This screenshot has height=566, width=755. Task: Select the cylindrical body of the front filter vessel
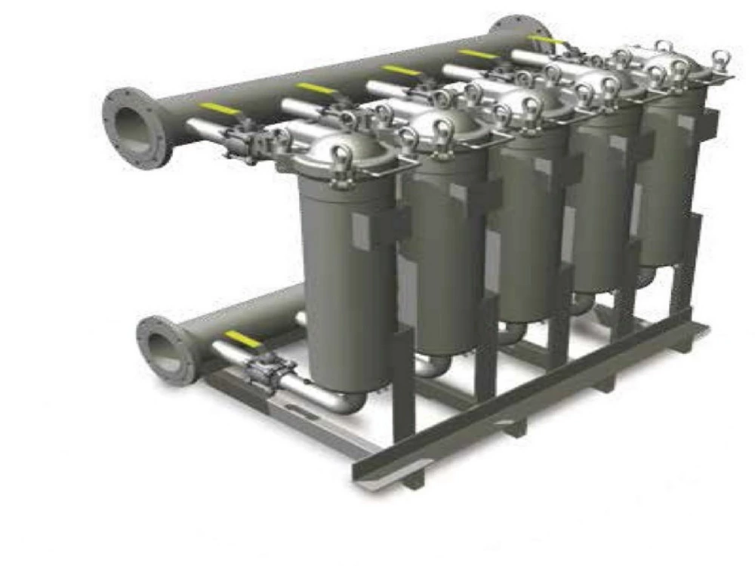(344, 287)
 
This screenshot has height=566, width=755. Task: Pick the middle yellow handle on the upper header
(400, 70)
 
